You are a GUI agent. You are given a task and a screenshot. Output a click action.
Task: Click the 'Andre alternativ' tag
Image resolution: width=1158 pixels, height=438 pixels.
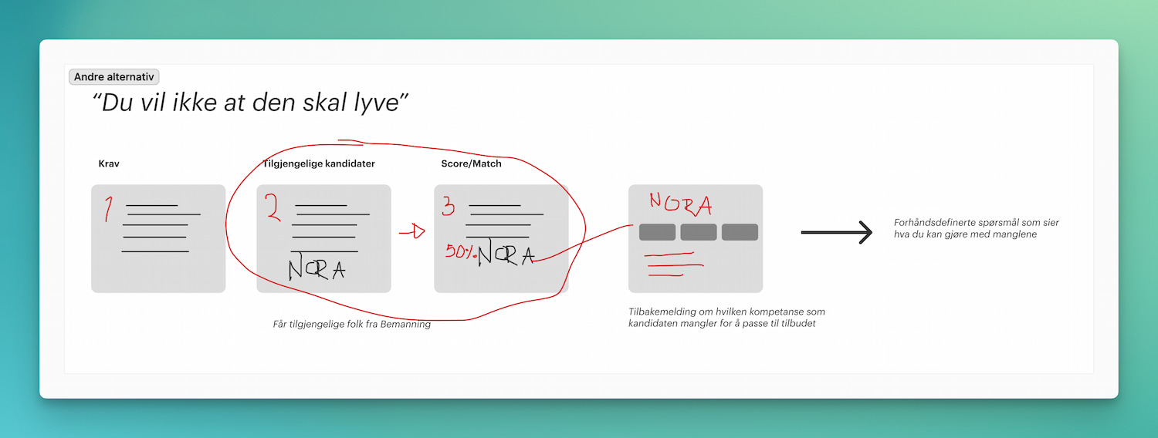tap(113, 77)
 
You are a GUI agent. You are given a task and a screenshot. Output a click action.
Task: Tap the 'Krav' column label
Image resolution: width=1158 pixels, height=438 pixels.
tap(109, 163)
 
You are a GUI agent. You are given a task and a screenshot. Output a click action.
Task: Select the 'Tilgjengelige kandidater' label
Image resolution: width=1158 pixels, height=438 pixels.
tap(319, 163)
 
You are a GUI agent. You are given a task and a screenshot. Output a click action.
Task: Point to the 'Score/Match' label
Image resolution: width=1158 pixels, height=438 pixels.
tap(471, 163)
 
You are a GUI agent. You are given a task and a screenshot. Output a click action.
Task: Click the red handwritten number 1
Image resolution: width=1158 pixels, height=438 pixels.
tap(108, 209)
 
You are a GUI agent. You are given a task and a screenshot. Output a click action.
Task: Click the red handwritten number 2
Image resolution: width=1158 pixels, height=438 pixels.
tap(273, 207)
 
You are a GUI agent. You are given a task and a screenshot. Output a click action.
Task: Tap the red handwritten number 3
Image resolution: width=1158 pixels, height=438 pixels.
tap(449, 207)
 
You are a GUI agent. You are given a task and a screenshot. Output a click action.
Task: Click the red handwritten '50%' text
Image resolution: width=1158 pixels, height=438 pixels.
tap(460, 251)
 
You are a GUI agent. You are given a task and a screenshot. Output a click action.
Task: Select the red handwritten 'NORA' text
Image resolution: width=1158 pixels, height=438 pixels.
tap(680, 204)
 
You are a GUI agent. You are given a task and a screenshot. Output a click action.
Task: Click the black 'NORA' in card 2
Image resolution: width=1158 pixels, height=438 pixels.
tap(317, 268)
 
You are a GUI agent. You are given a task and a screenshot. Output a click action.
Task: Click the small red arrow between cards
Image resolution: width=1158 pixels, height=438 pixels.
tap(412, 231)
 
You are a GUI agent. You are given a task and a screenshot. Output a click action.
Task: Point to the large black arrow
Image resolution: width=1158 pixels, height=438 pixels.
tap(836, 232)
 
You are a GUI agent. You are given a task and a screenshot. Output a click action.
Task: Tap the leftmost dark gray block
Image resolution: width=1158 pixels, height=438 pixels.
tap(657, 232)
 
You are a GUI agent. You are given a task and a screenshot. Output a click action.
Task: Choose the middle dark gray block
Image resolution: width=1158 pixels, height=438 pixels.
tap(699, 232)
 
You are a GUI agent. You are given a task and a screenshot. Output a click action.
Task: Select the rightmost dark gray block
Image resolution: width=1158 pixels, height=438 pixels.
tap(740, 232)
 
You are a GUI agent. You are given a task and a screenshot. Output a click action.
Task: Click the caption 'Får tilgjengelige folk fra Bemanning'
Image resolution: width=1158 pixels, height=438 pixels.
tap(351, 325)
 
